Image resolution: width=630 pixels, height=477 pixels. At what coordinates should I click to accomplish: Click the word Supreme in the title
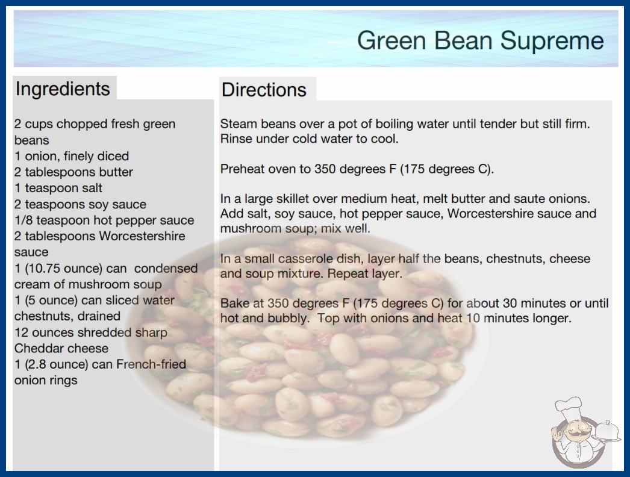[x=552, y=41]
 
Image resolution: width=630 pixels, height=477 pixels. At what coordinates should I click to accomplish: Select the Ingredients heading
[x=63, y=89]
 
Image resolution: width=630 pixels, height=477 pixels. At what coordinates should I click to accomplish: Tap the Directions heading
[x=264, y=90]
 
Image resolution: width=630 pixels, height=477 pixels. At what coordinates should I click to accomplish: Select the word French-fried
[x=151, y=364]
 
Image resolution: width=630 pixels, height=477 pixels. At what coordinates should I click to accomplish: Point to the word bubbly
[x=287, y=318]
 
